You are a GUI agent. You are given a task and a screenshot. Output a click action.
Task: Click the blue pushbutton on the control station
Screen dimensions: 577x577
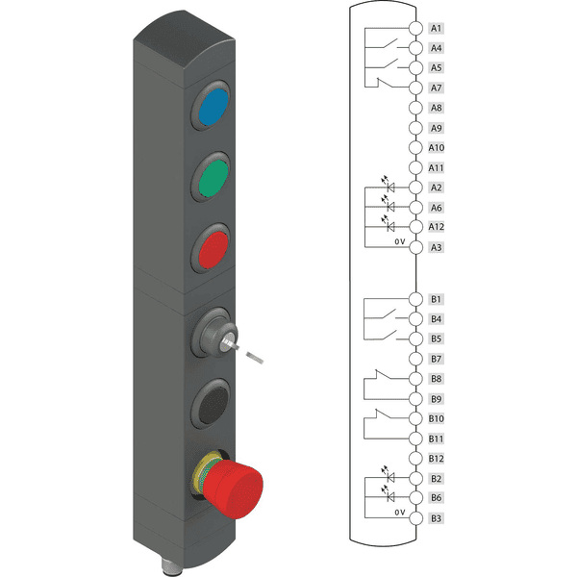[213, 107]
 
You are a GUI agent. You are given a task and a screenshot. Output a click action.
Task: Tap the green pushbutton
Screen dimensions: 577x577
[213, 178]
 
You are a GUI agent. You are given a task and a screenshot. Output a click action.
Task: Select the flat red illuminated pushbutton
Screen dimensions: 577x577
[213, 249]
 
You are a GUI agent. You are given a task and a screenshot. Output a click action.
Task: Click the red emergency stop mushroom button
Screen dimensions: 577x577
[232, 487]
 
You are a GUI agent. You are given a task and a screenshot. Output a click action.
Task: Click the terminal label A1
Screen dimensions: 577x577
[436, 28]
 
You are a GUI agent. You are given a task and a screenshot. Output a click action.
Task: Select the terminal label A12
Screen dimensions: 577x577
[436, 227]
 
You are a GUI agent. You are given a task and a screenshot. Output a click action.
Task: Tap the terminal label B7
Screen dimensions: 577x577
[436, 359]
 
